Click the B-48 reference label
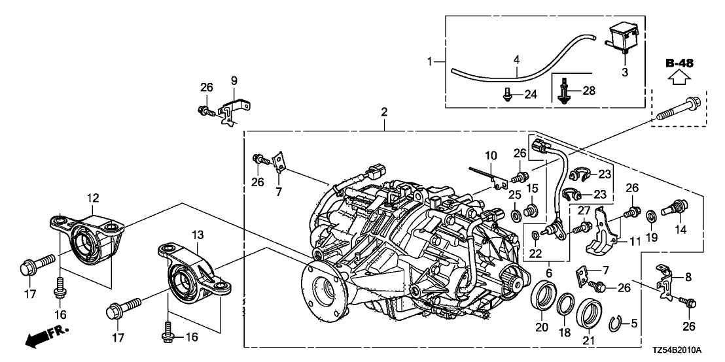coord(680,63)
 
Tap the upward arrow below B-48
coord(680,79)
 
